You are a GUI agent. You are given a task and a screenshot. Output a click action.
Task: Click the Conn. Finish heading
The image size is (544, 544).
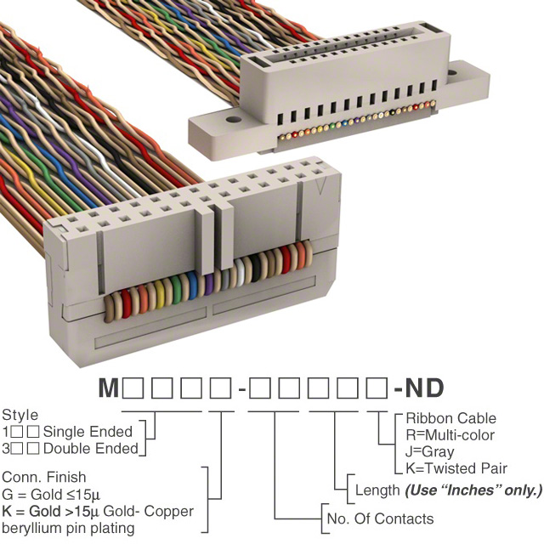coord(45,478)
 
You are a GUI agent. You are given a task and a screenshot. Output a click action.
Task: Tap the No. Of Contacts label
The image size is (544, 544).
coord(380,518)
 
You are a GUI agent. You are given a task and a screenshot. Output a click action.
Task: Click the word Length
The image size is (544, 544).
coord(377,490)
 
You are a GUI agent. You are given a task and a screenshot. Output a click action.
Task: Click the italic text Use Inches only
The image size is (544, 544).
coord(473,490)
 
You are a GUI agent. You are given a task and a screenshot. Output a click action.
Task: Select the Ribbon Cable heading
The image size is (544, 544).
coord(450,418)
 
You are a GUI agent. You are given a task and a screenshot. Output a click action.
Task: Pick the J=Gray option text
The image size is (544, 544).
coord(430,451)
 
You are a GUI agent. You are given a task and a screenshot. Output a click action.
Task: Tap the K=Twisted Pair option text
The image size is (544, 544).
coord(456,468)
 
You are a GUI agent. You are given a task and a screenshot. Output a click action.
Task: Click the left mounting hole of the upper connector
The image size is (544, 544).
coord(229,122)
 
